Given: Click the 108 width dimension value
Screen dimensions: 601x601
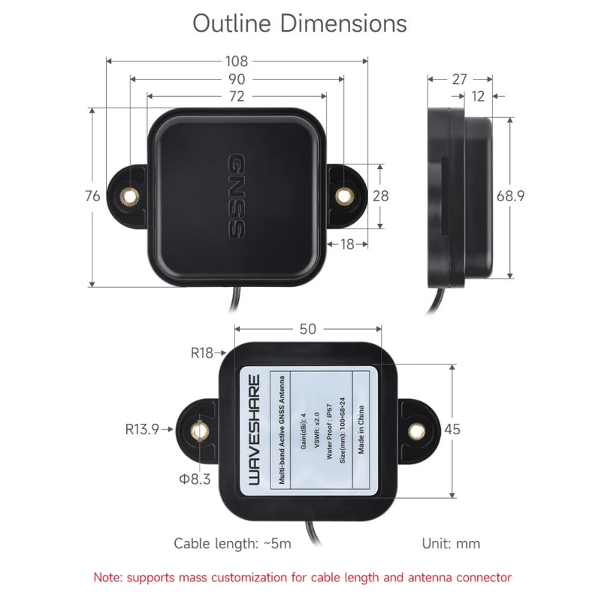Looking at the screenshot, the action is [237, 62].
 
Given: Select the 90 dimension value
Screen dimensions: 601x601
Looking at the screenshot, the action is [237, 79].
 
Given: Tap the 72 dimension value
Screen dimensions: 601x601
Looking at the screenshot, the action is [237, 96].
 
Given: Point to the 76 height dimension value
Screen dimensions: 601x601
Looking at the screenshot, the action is [92, 196].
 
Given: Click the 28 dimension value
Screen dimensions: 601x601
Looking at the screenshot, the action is [381, 196].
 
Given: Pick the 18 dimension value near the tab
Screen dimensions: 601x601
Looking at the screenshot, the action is [348, 243].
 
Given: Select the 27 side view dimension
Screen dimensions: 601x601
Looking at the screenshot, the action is [460, 79].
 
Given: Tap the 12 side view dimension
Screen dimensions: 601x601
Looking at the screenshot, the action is [479, 96].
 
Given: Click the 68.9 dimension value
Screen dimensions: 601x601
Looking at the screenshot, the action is [510, 196].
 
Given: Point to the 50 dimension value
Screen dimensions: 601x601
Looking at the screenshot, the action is [307, 329].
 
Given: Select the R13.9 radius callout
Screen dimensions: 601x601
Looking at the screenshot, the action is [142, 430].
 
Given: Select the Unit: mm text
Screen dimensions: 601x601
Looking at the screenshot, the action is [449, 543].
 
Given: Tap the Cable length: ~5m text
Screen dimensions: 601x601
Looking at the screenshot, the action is [233, 543].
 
